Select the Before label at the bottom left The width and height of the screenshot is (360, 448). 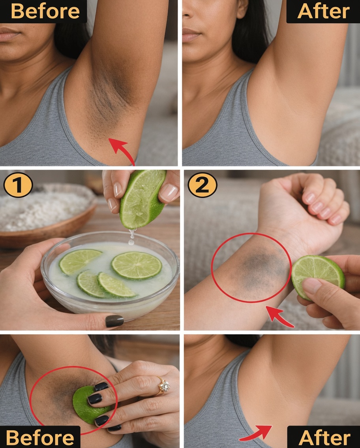tap(40, 437)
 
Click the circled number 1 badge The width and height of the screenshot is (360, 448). tap(17, 185)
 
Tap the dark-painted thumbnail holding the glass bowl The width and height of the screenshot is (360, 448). tap(114, 321)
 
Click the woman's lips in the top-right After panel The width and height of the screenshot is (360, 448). tap(191, 35)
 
